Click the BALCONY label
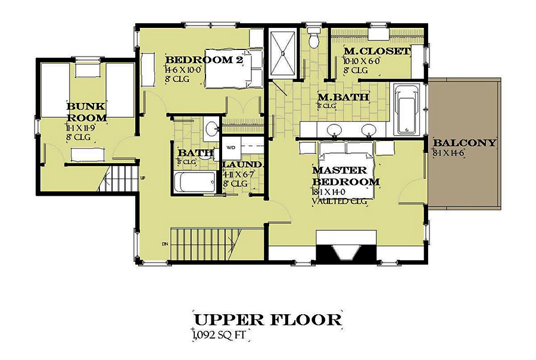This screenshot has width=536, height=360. tap(465, 143)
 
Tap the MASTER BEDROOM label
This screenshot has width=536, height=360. tap(345, 176)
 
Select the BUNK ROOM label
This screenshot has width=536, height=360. tap(86, 112)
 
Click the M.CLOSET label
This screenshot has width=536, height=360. tap(377, 52)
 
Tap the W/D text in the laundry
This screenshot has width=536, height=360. tap(232, 146)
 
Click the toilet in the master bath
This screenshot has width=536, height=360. tap(313, 39)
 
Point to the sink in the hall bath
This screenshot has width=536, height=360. tap(210, 129)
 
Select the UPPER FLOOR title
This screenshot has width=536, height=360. tap(268, 319)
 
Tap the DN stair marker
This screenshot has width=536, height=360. tap(164, 243)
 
